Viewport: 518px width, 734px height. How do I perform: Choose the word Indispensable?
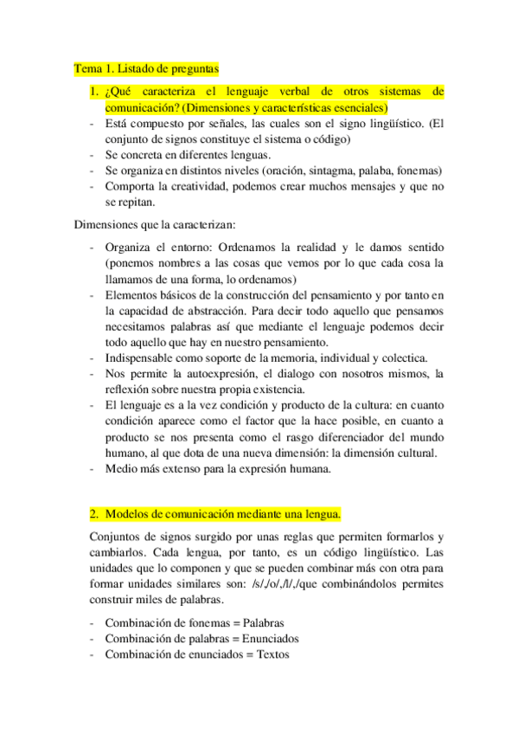point(144,358)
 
